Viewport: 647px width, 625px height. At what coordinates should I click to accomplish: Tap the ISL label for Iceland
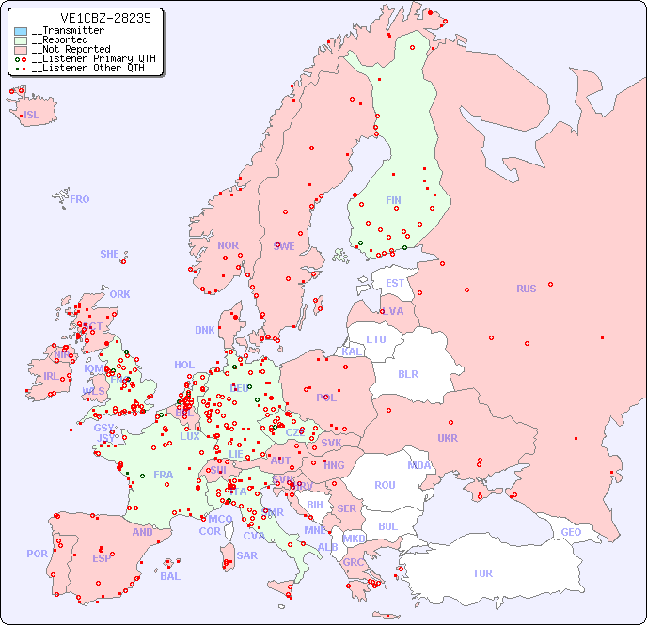(x=32, y=116)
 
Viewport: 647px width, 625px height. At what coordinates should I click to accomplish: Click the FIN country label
(x=393, y=200)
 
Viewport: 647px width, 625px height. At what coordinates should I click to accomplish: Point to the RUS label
(x=526, y=289)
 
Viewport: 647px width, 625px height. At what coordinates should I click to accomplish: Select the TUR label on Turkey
(x=482, y=573)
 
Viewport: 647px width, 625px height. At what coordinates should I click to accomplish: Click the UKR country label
(x=448, y=438)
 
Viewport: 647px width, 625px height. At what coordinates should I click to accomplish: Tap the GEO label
(x=571, y=532)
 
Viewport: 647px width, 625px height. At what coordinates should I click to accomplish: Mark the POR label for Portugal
(x=37, y=554)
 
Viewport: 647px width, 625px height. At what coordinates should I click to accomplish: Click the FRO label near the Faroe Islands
(x=80, y=199)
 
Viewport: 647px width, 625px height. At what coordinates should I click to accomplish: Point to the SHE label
(x=110, y=254)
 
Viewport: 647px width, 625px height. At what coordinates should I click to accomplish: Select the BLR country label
(x=407, y=373)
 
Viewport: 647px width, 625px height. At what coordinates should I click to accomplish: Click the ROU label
(x=385, y=485)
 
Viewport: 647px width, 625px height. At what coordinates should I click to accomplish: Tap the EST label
(x=395, y=283)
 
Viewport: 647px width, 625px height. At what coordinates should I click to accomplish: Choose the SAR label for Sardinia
(x=247, y=555)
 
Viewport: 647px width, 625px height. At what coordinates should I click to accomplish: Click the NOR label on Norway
(x=228, y=245)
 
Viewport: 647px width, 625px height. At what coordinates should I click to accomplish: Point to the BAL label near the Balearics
(x=170, y=576)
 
